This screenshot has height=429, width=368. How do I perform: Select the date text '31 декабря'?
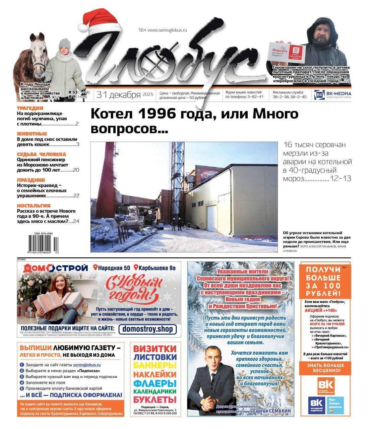click(x=119, y=95)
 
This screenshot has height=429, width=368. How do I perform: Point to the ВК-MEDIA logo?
click(x=332, y=95)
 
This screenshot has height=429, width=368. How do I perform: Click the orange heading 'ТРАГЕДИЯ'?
click(x=30, y=108)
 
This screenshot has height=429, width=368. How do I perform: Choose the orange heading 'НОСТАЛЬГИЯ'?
click(x=34, y=205)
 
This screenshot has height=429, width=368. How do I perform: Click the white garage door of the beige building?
click(x=212, y=219)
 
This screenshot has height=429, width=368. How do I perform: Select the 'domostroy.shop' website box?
click(x=147, y=329)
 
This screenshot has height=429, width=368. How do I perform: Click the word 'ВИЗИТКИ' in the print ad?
click(x=155, y=349)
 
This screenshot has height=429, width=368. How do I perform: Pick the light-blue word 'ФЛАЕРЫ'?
click(x=155, y=383)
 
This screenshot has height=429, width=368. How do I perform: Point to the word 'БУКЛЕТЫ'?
click(x=155, y=400)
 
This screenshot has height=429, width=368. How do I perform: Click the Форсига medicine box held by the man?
click(x=285, y=53)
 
